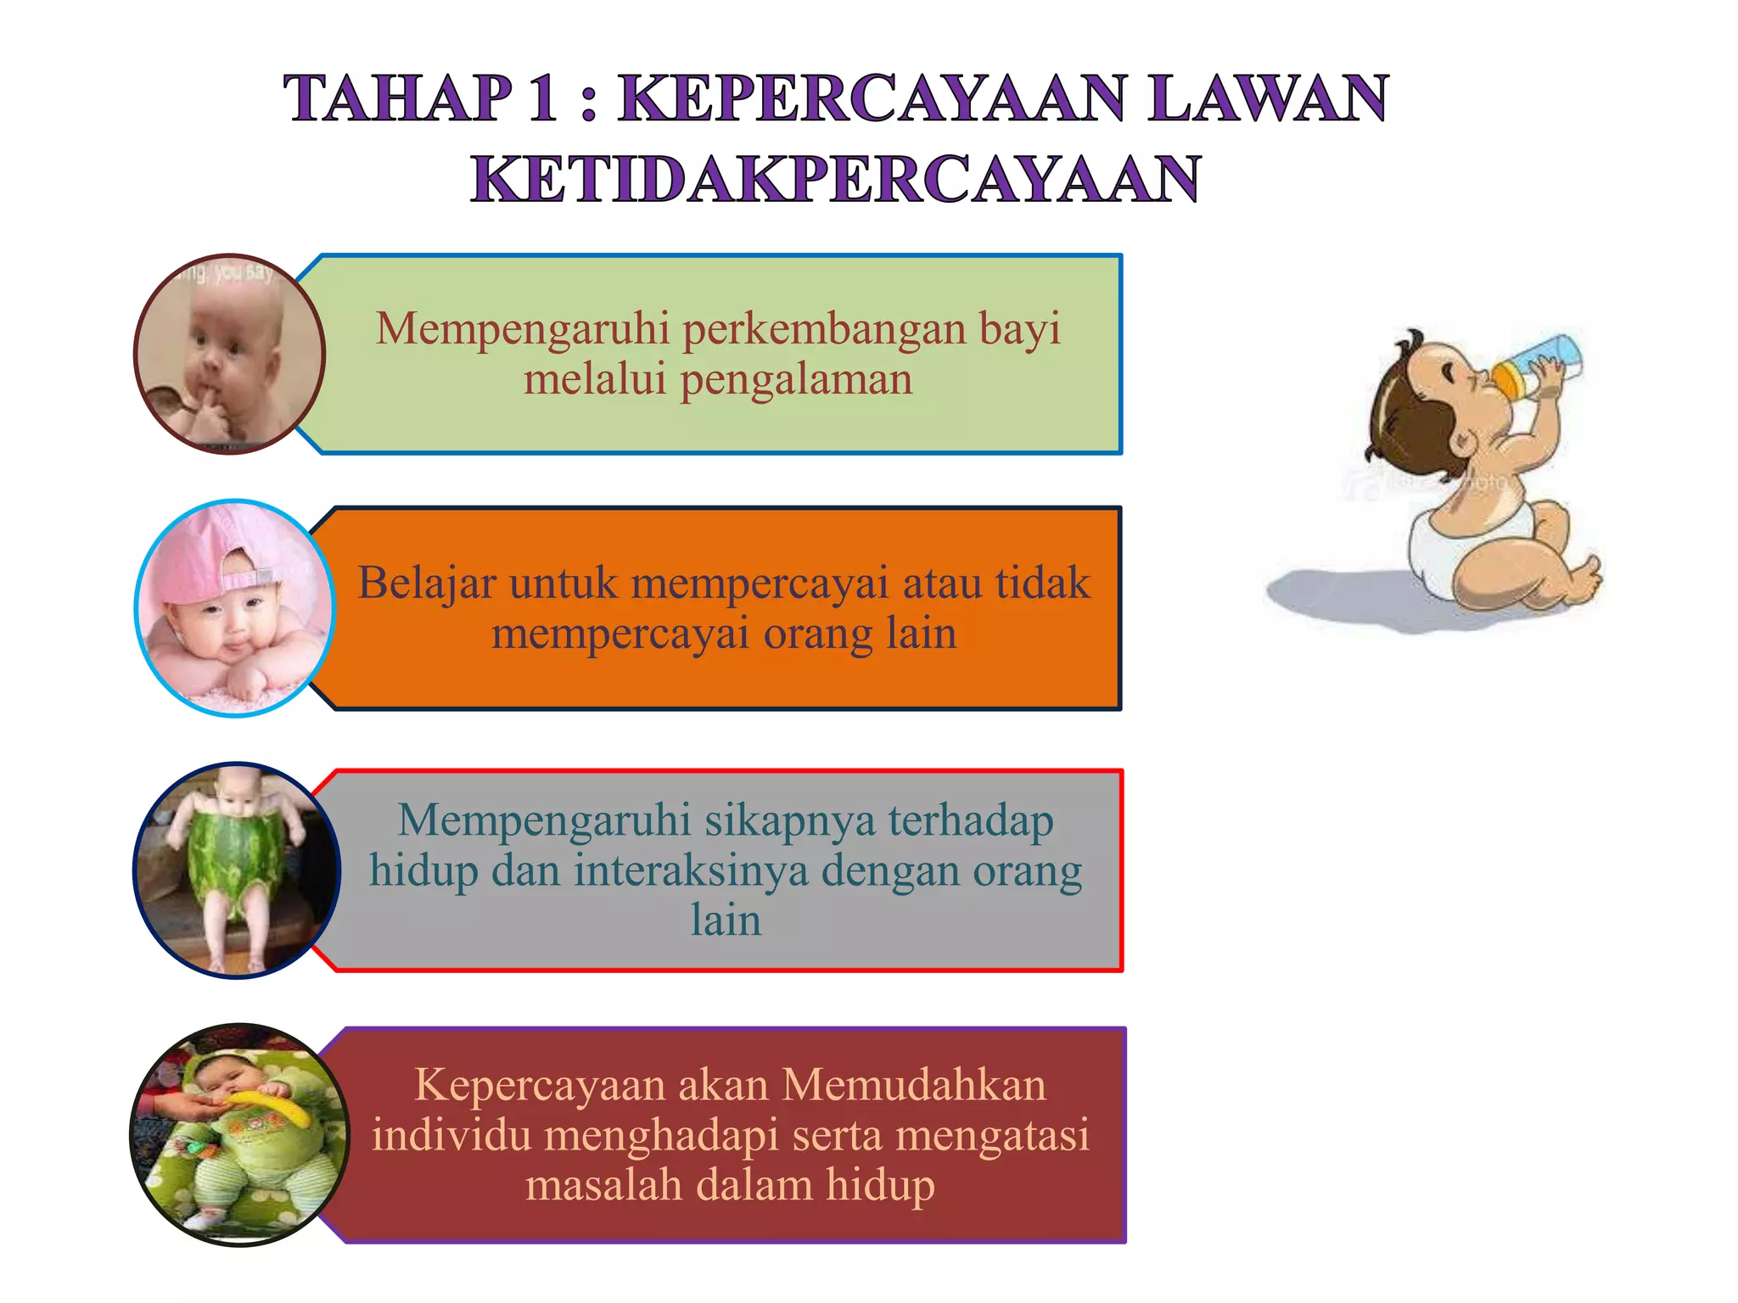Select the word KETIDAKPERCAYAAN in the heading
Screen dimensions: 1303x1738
pos(836,180)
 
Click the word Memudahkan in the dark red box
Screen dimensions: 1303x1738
pos(913,1085)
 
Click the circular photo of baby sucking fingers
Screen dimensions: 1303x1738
pos(229,354)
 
